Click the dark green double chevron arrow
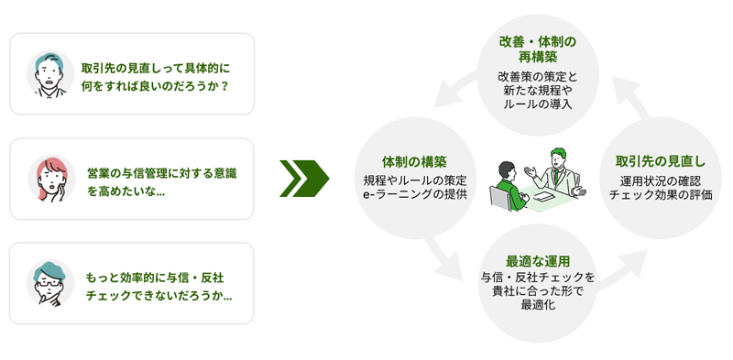pyautogui.click(x=303, y=178)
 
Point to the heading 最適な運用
pyautogui.click(x=539, y=260)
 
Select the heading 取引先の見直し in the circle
pyautogui.click(x=660, y=162)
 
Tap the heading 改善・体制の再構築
pyautogui.click(x=538, y=50)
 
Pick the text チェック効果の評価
pyautogui.click(x=660, y=194)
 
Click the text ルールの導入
pyautogui.click(x=538, y=105)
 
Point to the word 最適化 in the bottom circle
pyautogui.click(x=539, y=306)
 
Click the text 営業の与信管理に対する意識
pyautogui.click(x=167, y=171)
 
